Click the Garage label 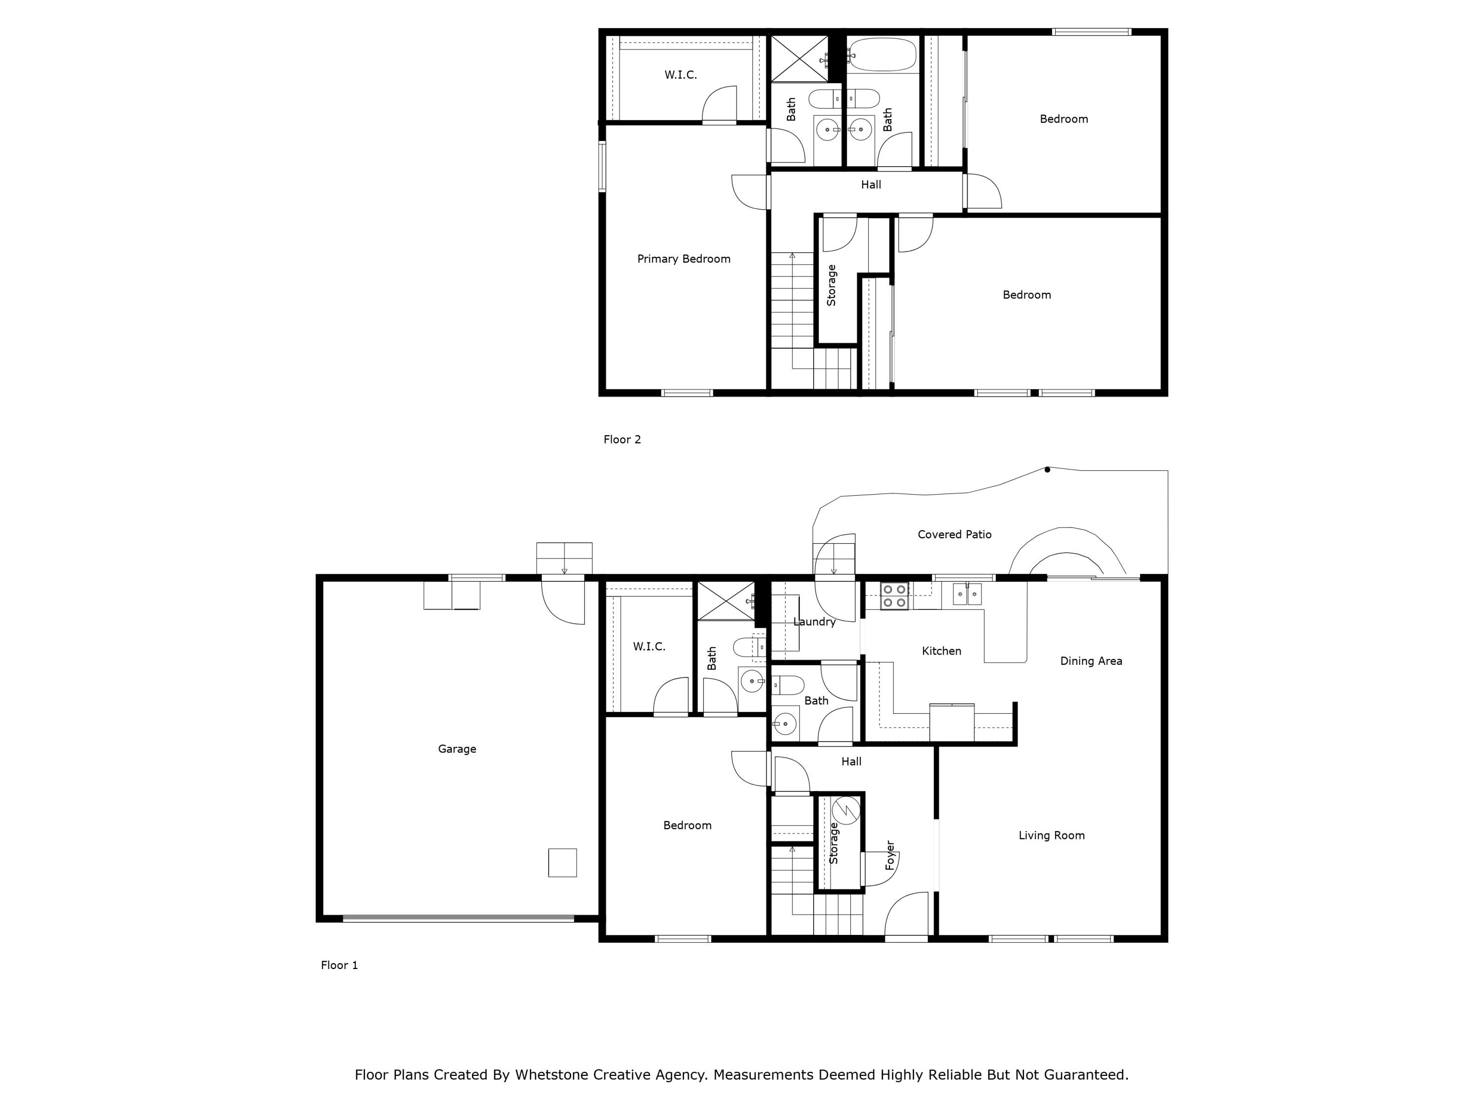[457, 749]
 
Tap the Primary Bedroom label [684, 259]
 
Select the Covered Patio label [954, 535]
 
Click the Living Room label [1051, 835]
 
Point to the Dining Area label [1091, 661]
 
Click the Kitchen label [941, 651]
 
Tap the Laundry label [814, 622]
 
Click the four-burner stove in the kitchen [894, 596]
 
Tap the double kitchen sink [967, 594]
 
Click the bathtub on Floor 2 [881, 54]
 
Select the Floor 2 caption [622, 439]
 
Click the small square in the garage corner [562, 863]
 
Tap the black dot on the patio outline [1047, 469]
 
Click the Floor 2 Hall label [871, 185]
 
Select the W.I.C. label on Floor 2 [680, 75]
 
